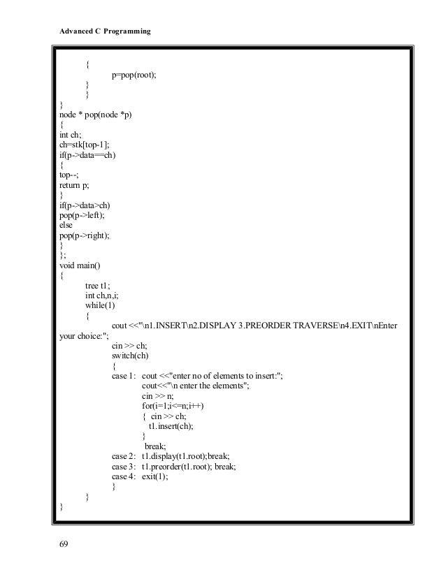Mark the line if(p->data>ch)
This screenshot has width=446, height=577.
85,207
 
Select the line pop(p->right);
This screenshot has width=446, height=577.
85,236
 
